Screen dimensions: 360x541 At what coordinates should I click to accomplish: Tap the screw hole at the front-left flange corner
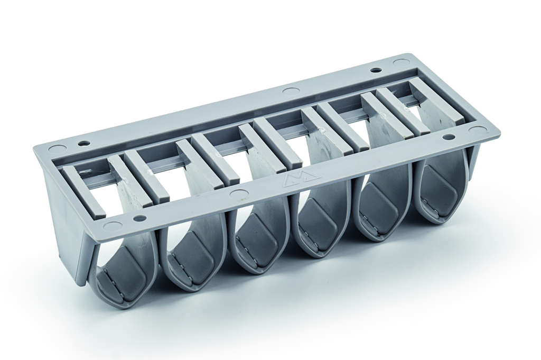139,218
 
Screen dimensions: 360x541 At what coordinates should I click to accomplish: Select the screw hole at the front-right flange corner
449,137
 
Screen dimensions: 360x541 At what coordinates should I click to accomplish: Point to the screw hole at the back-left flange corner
83,143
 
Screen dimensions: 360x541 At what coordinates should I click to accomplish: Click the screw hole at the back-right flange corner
376,70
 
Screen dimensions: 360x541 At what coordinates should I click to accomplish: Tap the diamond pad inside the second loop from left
192,254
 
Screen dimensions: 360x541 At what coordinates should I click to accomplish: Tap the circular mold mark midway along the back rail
291,90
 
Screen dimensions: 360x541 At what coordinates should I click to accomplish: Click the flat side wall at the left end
66,222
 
